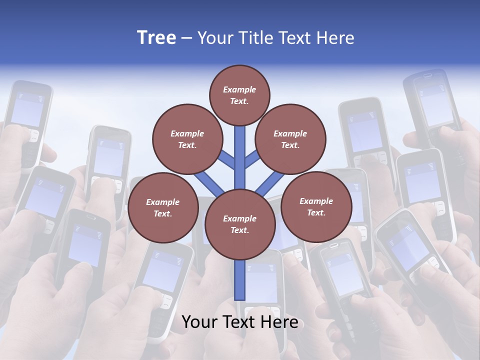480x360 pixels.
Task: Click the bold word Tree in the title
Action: (x=156, y=37)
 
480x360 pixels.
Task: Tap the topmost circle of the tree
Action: (x=239, y=95)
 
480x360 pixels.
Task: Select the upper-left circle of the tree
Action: (x=187, y=139)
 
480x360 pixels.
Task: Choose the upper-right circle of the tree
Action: (x=290, y=139)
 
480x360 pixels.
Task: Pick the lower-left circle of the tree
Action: (x=163, y=208)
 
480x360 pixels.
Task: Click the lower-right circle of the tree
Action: (x=316, y=207)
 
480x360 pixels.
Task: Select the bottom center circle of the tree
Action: (x=240, y=224)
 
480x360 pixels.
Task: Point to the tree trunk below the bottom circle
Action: (x=240, y=280)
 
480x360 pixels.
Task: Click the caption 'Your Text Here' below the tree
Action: (x=240, y=322)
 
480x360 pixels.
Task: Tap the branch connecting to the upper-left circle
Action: (x=226, y=160)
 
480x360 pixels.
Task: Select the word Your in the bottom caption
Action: (x=199, y=322)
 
